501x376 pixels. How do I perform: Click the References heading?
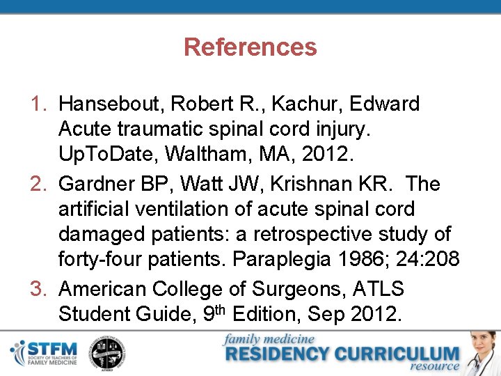click(250, 47)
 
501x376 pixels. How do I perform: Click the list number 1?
click(39, 104)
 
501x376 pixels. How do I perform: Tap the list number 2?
click(39, 184)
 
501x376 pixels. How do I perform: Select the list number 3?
click(39, 289)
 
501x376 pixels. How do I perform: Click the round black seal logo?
click(109, 353)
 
